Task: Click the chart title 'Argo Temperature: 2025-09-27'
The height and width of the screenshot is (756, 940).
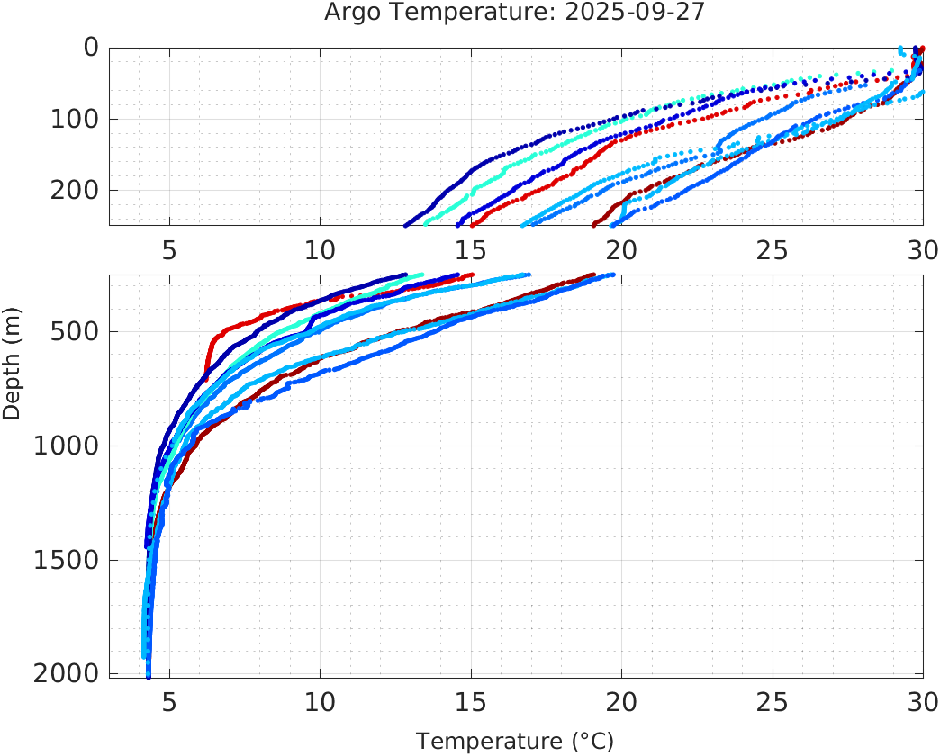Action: point(515,13)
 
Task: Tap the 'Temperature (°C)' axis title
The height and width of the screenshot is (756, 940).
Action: point(515,742)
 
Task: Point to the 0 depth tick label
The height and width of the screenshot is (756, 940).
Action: point(91,47)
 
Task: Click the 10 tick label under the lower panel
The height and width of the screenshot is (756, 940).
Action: point(320,702)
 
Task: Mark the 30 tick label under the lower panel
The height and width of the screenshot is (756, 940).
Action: point(921,702)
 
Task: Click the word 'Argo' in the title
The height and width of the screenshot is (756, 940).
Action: point(349,13)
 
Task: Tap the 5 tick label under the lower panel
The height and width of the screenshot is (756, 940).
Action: point(169,702)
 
